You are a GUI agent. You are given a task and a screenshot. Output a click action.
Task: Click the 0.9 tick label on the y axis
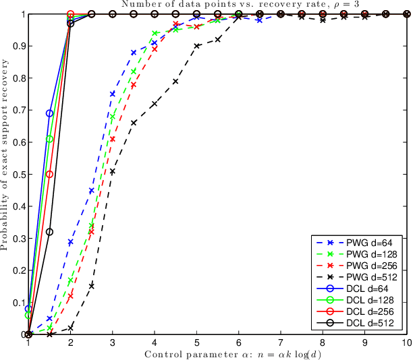17,46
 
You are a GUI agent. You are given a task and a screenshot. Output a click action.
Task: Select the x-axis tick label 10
404,343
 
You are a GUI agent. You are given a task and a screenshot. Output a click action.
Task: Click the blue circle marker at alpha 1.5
49,113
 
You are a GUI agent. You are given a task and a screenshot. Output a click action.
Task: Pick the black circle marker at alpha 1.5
49,232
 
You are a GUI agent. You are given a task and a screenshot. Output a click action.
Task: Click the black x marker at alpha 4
155,104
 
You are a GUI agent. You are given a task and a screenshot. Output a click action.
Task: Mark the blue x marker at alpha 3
112,94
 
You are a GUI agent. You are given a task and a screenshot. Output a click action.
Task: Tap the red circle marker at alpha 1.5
49,174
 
